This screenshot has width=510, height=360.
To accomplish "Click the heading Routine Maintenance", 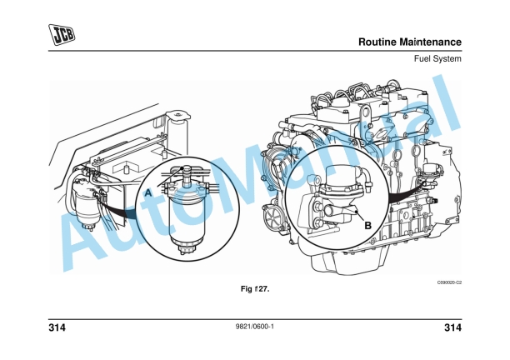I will click(x=409, y=42).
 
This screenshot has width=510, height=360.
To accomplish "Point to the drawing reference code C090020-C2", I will click(x=447, y=283).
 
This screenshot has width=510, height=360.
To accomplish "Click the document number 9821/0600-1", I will click(x=255, y=327).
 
